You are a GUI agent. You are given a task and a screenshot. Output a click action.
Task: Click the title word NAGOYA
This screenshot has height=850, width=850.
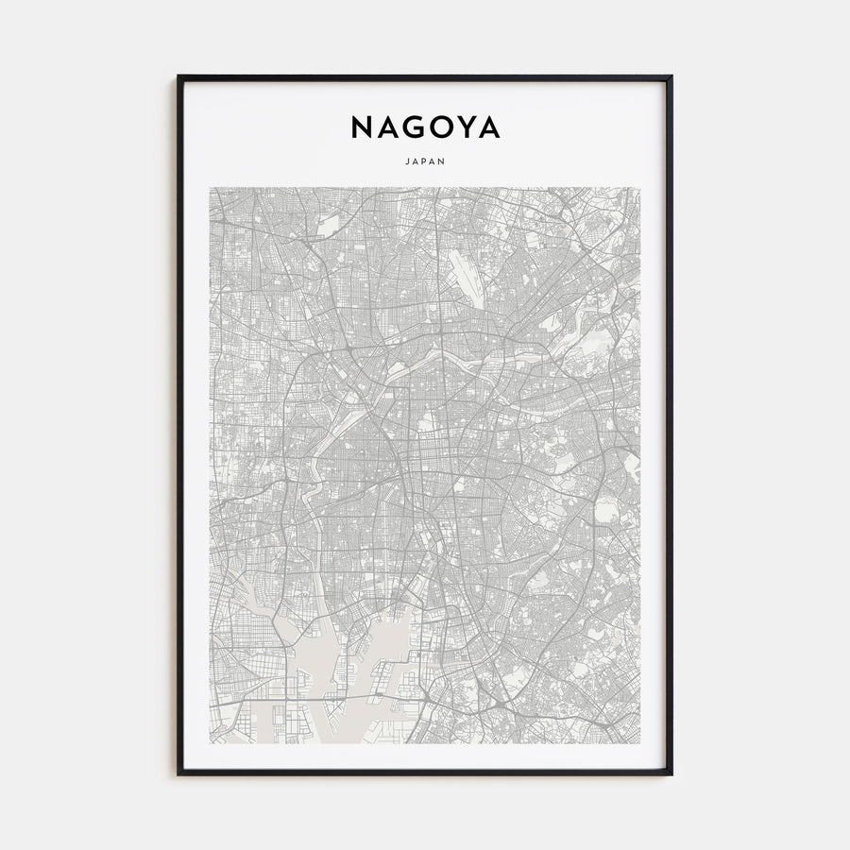pos(425,127)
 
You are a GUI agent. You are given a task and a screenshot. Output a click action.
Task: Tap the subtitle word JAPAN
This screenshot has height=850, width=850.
pos(425,161)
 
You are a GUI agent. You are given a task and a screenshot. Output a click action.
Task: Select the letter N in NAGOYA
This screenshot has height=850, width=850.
pos(361,127)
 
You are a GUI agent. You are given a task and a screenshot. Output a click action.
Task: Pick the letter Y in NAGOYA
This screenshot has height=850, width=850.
pos(467,127)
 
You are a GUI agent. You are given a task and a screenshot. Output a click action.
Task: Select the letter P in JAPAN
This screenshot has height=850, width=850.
pos(425,161)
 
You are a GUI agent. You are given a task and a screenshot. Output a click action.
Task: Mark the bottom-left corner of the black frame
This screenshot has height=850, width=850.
pos(178,774)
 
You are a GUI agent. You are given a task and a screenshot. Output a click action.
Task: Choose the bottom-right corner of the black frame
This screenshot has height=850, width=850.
pos(671,774)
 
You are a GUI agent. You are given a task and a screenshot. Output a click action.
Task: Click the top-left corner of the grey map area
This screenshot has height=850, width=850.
pos(210,187)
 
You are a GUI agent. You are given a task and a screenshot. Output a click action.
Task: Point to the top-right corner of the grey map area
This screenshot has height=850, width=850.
pos(640,187)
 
